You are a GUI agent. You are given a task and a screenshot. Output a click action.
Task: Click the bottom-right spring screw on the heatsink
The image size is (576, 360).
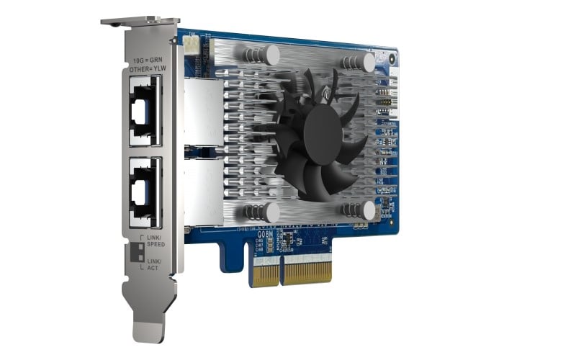coord(369,210)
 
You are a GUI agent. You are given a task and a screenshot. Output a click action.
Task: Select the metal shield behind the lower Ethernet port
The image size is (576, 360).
coord(199,190)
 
